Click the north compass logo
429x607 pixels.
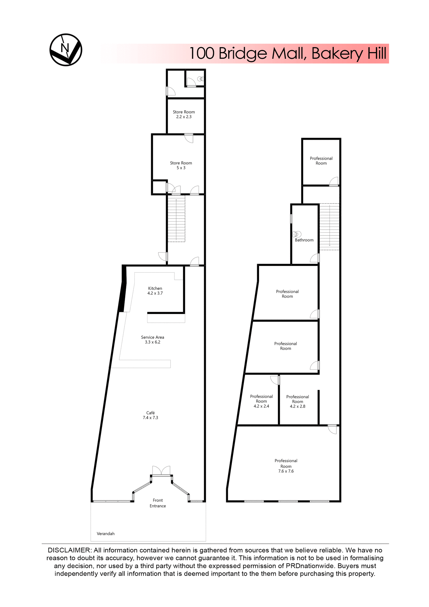click(x=66, y=50)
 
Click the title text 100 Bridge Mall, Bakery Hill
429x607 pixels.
click(x=287, y=53)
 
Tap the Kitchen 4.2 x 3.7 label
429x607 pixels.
click(x=155, y=291)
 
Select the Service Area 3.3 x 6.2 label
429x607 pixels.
click(x=153, y=340)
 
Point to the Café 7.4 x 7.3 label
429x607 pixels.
click(x=150, y=415)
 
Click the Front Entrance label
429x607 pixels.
click(x=158, y=503)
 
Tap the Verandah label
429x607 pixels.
click(x=106, y=534)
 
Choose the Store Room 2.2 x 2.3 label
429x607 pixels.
click(x=184, y=114)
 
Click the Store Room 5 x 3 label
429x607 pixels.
click(x=181, y=165)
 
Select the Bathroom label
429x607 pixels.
click(x=304, y=240)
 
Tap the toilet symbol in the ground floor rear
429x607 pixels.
click(x=201, y=79)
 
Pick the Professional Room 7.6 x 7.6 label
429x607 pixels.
click(x=286, y=466)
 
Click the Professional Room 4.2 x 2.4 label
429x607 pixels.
click(x=261, y=401)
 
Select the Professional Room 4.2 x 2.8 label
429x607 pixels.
click(x=298, y=402)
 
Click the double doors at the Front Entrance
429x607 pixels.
click(x=161, y=471)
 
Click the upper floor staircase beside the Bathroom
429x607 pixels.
click(x=329, y=226)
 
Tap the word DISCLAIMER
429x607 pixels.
click(x=69, y=550)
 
